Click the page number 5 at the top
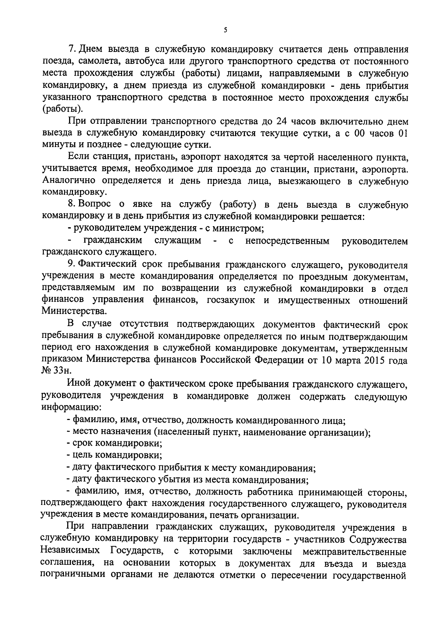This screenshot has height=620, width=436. [x=225, y=30]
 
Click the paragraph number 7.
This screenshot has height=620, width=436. [x=71, y=49]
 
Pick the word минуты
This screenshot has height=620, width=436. [x=58, y=145]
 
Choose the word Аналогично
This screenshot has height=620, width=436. [x=69, y=181]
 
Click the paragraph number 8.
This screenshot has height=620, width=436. [x=71, y=205]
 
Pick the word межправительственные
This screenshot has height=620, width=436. [x=354, y=551]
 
